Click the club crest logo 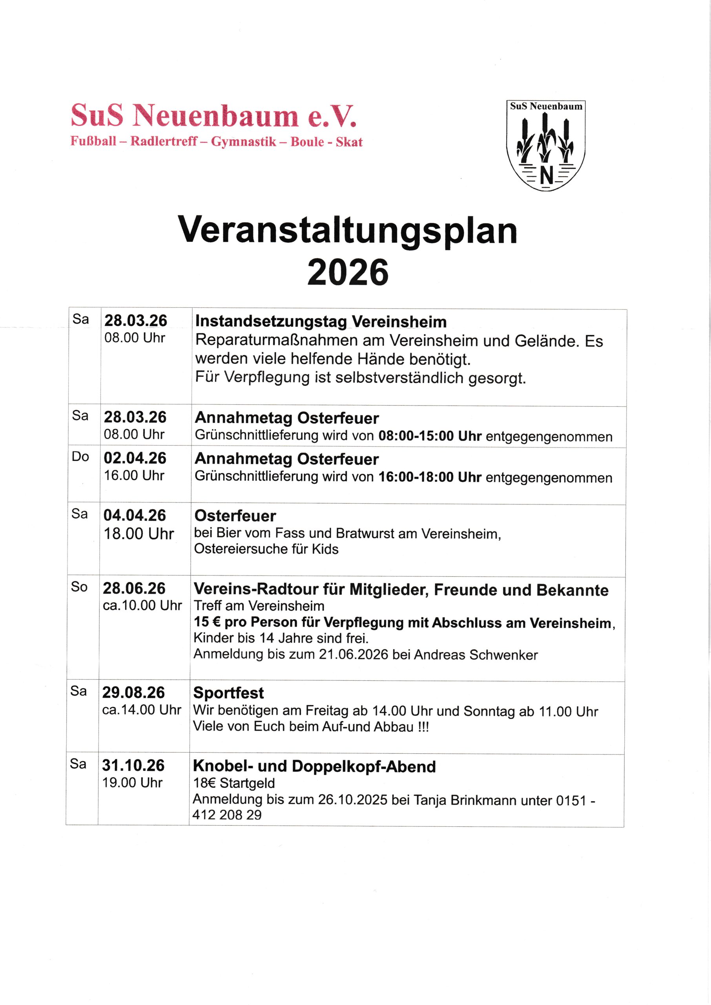545,145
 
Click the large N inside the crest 546,175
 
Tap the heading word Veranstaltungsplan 348,230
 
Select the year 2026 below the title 348,272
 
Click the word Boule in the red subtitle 307,142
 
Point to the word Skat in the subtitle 349,142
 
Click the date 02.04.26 135,458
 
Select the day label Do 80,457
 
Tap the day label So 79,587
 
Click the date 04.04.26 135,515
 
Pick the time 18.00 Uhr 139,534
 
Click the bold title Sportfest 228,693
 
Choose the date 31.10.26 133,766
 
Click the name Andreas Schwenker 476,655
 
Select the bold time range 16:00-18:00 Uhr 430,477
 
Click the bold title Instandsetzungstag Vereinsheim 321,322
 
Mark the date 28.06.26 134,588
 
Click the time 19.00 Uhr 132,783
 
